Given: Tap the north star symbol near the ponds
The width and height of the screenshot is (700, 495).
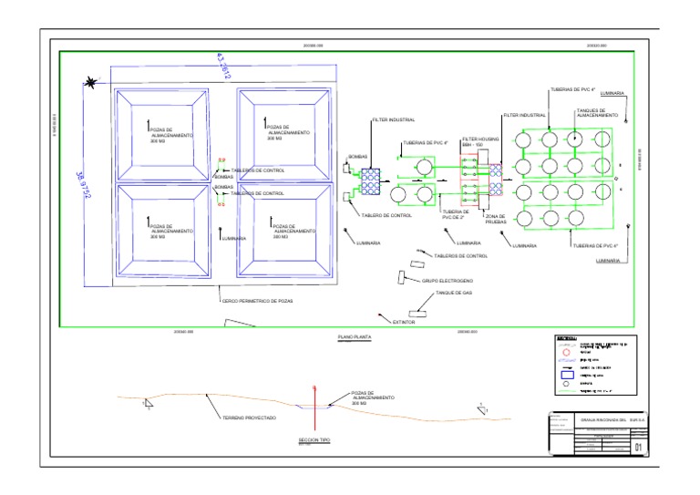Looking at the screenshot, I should (91, 84).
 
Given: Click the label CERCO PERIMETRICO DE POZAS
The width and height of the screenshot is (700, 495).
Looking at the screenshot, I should (258, 300).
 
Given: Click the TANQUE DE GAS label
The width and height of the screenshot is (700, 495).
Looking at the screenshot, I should (453, 294).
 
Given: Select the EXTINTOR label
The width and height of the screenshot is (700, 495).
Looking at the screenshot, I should (404, 322).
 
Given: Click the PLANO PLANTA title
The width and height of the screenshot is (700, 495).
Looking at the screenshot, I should (351, 336).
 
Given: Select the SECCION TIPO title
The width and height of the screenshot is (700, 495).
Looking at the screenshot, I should (314, 439).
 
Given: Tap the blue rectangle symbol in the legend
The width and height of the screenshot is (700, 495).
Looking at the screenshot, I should (565, 374).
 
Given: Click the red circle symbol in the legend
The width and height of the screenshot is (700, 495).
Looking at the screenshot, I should (565, 352).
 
